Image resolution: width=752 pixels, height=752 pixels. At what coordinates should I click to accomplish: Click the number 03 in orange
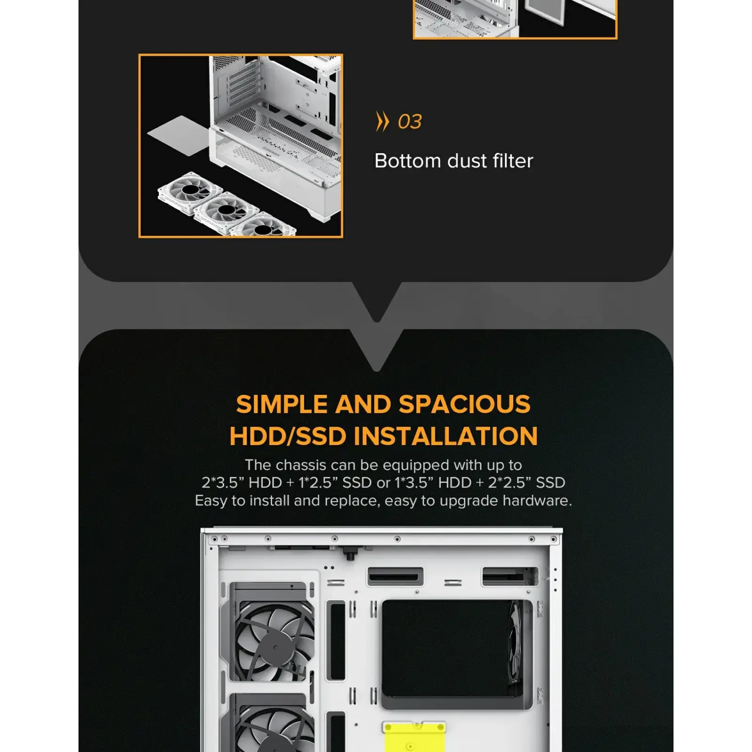click(409, 122)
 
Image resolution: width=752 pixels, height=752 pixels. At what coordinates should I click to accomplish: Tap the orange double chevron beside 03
click(383, 121)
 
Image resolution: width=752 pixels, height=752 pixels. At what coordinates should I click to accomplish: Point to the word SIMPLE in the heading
click(282, 404)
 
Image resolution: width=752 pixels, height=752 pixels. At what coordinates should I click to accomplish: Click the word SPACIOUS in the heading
click(464, 404)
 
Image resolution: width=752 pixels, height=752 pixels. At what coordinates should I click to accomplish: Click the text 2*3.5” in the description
click(222, 483)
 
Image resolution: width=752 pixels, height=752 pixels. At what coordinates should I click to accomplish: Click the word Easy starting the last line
click(211, 501)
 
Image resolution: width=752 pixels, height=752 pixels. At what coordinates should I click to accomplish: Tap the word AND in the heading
click(363, 404)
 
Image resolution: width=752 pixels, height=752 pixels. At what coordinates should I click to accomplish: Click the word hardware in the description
click(537, 501)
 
